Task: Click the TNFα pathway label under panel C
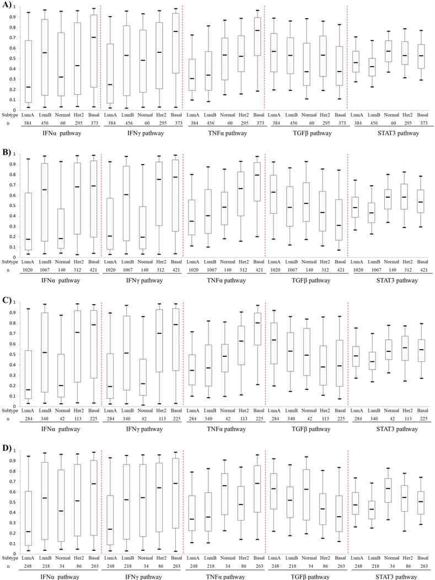pos(224,427)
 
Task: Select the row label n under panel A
pos(8,123)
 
